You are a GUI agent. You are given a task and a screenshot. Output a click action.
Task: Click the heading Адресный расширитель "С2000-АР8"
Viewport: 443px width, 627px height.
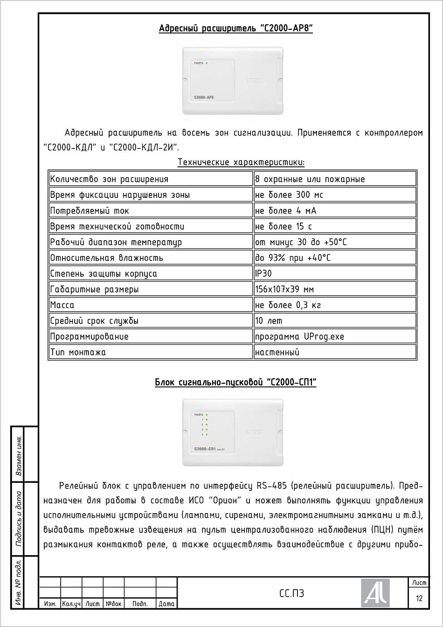click(235, 29)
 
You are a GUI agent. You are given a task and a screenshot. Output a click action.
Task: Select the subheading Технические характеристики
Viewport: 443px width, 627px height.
click(241, 162)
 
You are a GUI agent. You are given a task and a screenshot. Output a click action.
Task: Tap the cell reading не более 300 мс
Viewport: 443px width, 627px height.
click(289, 195)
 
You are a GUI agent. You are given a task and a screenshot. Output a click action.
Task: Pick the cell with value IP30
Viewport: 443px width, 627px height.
click(264, 273)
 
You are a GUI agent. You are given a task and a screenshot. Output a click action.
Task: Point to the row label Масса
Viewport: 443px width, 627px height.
click(62, 305)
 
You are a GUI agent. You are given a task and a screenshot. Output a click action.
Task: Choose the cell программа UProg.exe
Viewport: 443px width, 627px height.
click(299, 336)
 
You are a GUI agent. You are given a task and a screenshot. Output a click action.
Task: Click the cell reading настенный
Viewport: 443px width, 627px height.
click(277, 352)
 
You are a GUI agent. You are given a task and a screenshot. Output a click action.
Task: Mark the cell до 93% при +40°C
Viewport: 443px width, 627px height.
click(293, 258)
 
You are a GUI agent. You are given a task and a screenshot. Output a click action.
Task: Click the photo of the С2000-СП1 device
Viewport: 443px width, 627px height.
click(233, 432)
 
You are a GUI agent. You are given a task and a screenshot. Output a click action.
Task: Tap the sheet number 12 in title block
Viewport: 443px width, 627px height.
click(419, 598)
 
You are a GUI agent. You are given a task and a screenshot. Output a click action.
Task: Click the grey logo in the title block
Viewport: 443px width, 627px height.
click(375, 593)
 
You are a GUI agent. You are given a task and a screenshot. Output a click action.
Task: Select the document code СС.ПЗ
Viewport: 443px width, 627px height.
click(291, 593)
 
